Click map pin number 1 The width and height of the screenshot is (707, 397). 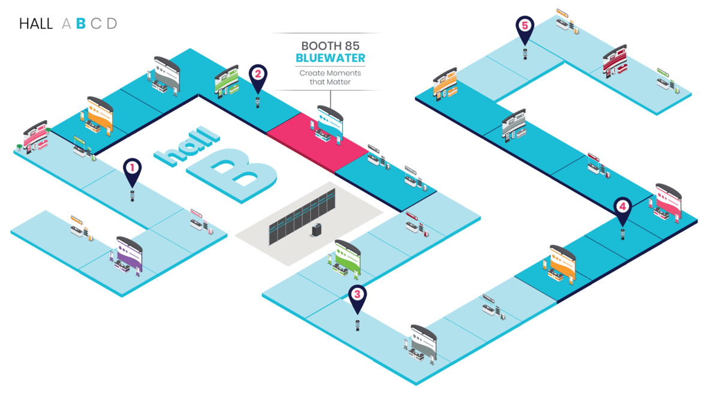132,169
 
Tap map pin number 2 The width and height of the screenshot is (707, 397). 258,75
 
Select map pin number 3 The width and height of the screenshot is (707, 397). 357,295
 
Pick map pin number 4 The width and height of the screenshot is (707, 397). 623,207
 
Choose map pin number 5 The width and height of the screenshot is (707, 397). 525,27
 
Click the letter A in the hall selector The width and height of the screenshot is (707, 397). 66,24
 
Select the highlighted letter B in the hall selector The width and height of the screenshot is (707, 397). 82,24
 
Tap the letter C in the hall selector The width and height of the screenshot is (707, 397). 96,24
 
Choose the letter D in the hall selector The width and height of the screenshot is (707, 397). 112,24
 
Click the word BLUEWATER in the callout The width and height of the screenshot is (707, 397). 330,58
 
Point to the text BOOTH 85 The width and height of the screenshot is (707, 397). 330,46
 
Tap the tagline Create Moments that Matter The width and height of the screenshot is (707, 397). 330,77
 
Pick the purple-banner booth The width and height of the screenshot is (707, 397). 128,257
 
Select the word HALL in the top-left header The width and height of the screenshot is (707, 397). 36,24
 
